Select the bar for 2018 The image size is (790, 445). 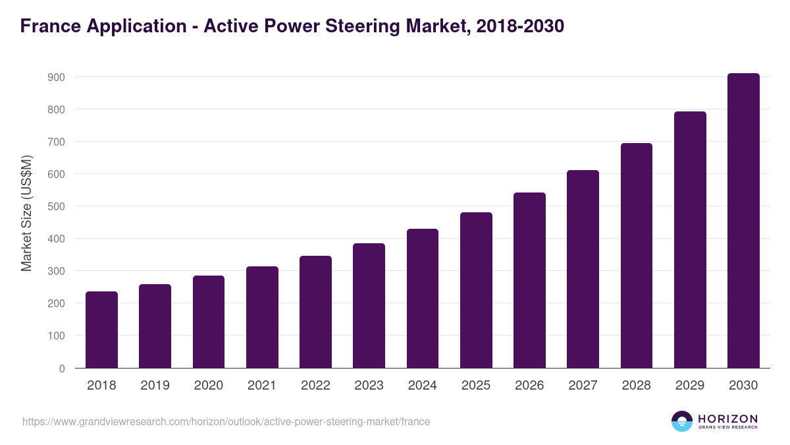(x=101, y=330)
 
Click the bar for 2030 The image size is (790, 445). (x=743, y=221)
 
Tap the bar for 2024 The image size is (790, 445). (x=423, y=299)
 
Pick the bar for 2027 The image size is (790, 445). (x=583, y=269)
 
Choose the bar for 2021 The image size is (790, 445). (x=262, y=317)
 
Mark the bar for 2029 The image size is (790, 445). (x=690, y=240)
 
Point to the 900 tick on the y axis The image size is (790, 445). (x=57, y=77)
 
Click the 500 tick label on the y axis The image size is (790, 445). (x=57, y=206)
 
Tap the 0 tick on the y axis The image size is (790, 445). (x=62, y=369)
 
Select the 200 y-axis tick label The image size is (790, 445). (x=57, y=303)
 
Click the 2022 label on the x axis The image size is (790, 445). (x=315, y=386)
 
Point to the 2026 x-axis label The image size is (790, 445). (x=529, y=386)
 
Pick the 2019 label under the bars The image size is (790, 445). (x=155, y=386)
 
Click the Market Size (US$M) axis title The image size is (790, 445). (x=26, y=213)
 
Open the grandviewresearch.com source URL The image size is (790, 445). (x=226, y=421)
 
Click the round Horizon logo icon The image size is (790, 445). (x=682, y=421)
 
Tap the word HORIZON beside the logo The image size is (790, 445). (x=727, y=419)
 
